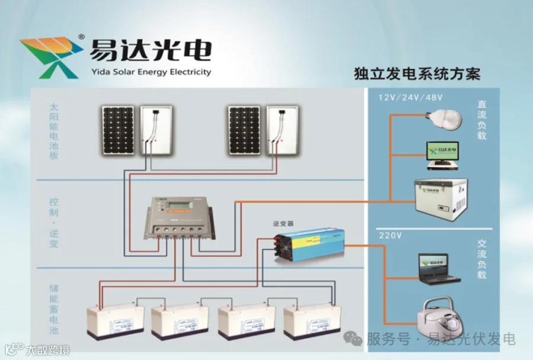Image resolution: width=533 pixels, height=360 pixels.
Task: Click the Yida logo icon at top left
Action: (x=52, y=57)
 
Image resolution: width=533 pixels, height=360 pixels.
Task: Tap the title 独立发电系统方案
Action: (x=416, y=74)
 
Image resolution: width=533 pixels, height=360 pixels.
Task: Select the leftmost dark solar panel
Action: (x=117, y=130)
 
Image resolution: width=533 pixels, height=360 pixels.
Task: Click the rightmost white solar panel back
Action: (x=282, y=130)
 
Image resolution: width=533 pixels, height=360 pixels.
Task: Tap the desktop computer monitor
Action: (x=442, y=152)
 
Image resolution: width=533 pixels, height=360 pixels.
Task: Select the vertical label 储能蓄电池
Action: (x=54, y=309)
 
